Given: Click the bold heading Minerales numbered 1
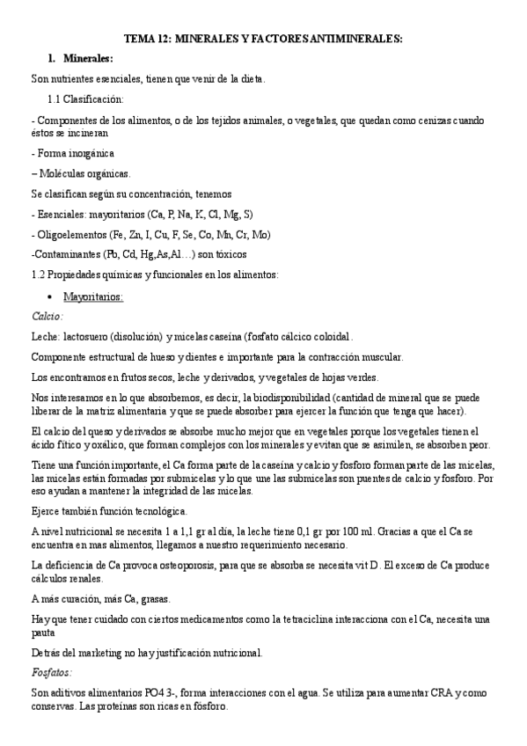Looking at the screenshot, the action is tap(87, 58).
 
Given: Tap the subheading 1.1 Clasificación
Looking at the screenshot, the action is tap(85, 99).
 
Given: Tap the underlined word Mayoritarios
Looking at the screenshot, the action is tap(93, 296).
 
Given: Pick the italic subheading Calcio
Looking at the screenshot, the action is tap(47, 316).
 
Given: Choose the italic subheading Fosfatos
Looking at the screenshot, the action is tap(51, 672).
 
